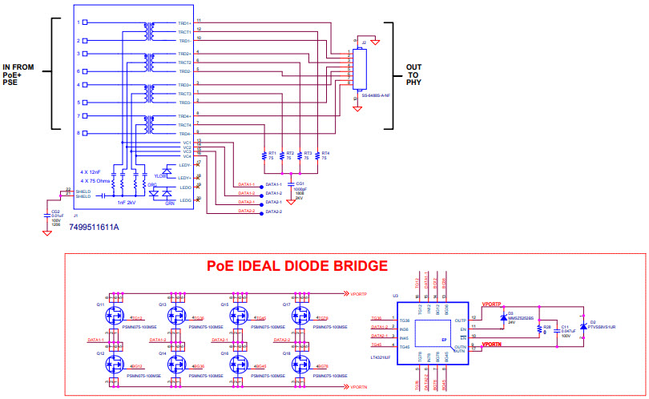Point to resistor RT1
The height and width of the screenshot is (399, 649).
[264, 155]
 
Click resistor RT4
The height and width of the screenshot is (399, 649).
[317, 155]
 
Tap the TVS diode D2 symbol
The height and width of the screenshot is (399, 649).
[582, 327]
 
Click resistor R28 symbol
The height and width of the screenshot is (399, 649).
[539, 328]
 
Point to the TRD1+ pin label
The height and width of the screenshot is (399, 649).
[183, 23]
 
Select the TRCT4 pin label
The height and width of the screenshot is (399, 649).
[183, 125]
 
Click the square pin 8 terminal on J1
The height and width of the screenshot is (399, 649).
[86, 134]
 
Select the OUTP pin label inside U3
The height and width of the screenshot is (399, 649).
[459, 320]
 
